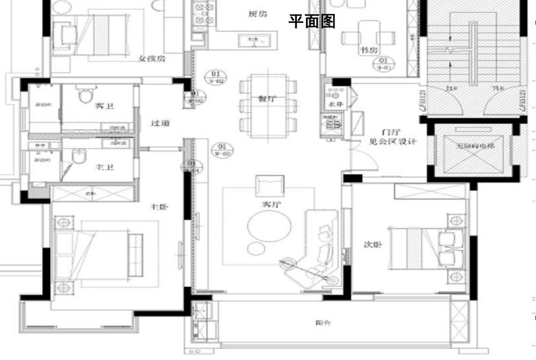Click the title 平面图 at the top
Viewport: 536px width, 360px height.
(312, 21)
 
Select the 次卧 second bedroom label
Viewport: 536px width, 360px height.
(373, 245)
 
